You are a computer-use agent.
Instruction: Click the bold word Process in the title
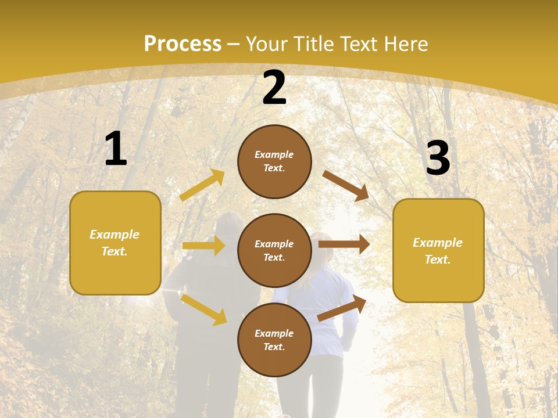pos(183,44)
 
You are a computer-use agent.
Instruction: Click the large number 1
pos(116,149)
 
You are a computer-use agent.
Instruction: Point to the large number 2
pos(274,88)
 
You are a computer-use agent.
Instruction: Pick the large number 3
pos(438,158)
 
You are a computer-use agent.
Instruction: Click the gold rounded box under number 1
pos(115,243)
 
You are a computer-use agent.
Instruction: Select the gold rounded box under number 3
pos(438,251)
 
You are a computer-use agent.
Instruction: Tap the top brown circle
pos(274,161)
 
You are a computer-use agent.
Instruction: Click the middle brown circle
pos(274,251)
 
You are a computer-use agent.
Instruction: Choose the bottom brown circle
pos(274,340)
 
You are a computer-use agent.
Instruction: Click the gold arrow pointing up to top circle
pos(202,185)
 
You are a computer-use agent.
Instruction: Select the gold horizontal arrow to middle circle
pos(203,246)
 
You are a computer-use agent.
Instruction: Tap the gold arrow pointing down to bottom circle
pos(203,309)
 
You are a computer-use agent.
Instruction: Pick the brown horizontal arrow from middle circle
pos(344,244)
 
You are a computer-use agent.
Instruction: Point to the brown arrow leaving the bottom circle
pos(342,308)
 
